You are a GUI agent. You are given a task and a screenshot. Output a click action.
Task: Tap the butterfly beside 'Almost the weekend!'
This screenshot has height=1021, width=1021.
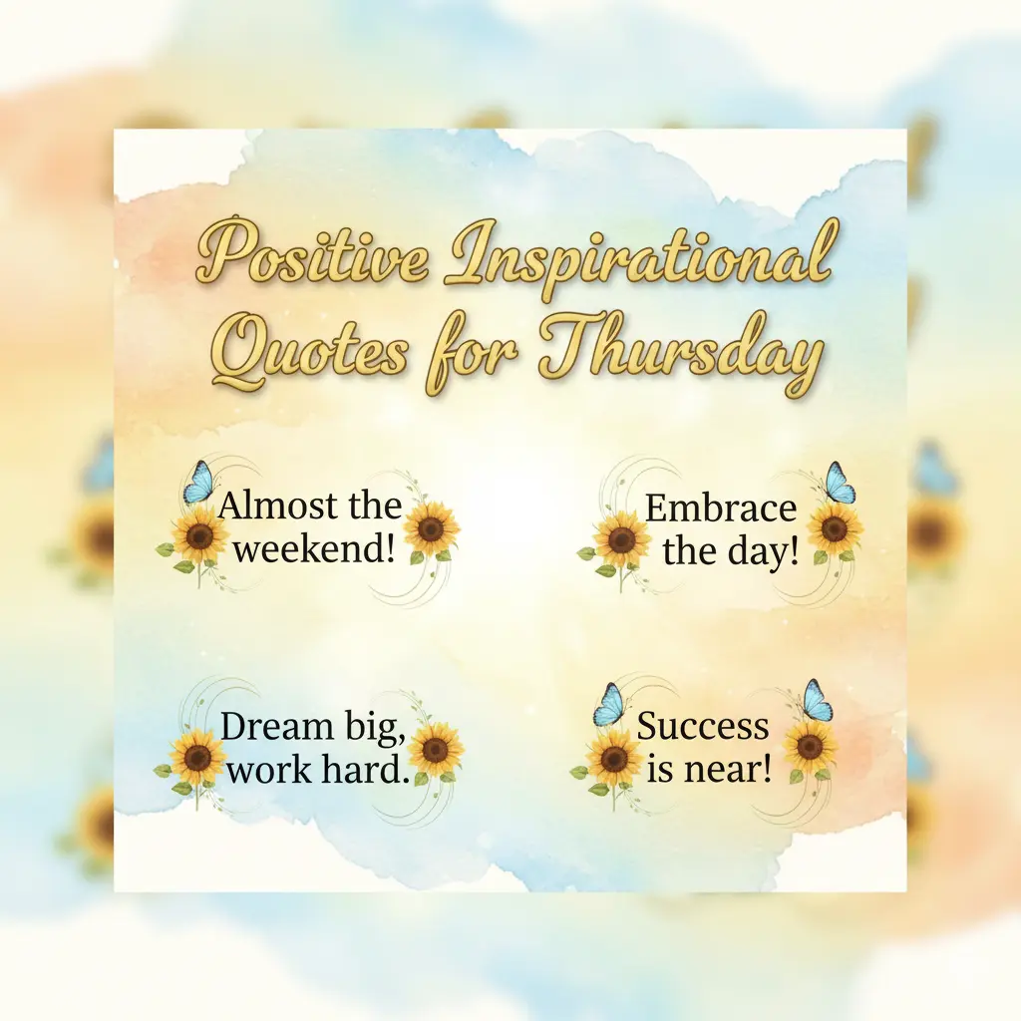(199, 483)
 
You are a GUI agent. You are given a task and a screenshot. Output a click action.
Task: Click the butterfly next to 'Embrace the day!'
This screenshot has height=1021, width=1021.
(839, 484)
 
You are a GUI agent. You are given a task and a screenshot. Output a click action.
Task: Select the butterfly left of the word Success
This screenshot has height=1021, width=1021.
(608, 705)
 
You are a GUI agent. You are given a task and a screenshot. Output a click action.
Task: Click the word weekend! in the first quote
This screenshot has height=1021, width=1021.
(313, 548)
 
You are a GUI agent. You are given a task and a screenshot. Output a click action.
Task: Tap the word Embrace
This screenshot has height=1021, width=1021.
(721, 509)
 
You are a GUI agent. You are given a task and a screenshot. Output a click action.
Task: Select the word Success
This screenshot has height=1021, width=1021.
(703, 726)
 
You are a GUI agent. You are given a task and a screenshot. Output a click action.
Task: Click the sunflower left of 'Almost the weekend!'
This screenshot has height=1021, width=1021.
(198, 538)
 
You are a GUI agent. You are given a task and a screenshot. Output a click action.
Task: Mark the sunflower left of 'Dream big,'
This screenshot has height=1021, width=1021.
(196, 757)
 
